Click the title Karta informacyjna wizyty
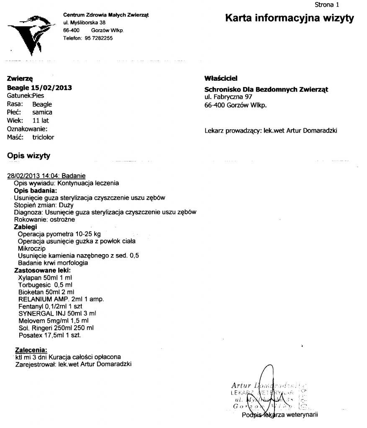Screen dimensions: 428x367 [x=290, y=18]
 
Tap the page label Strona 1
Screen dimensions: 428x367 [x=326, y=5]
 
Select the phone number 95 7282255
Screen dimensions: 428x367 [x=99, y=38]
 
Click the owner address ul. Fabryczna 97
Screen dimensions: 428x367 [x=228, y=97]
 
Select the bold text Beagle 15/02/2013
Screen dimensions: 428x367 [x=39, y=88]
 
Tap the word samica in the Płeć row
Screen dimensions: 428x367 [x=42, y=112]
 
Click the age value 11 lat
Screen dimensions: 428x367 [x=41, y=121]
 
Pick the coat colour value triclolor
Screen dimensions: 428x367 [x=43, y=137]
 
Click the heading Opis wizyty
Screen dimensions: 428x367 [x=29, y=156]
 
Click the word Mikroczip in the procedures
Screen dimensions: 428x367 [x=32, y=248]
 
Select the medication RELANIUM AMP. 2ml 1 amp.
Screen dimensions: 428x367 [x=61, y=299]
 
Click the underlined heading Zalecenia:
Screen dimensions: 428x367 [x=31, y=350]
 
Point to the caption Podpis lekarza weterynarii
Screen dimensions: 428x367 [x=280, y=415]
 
